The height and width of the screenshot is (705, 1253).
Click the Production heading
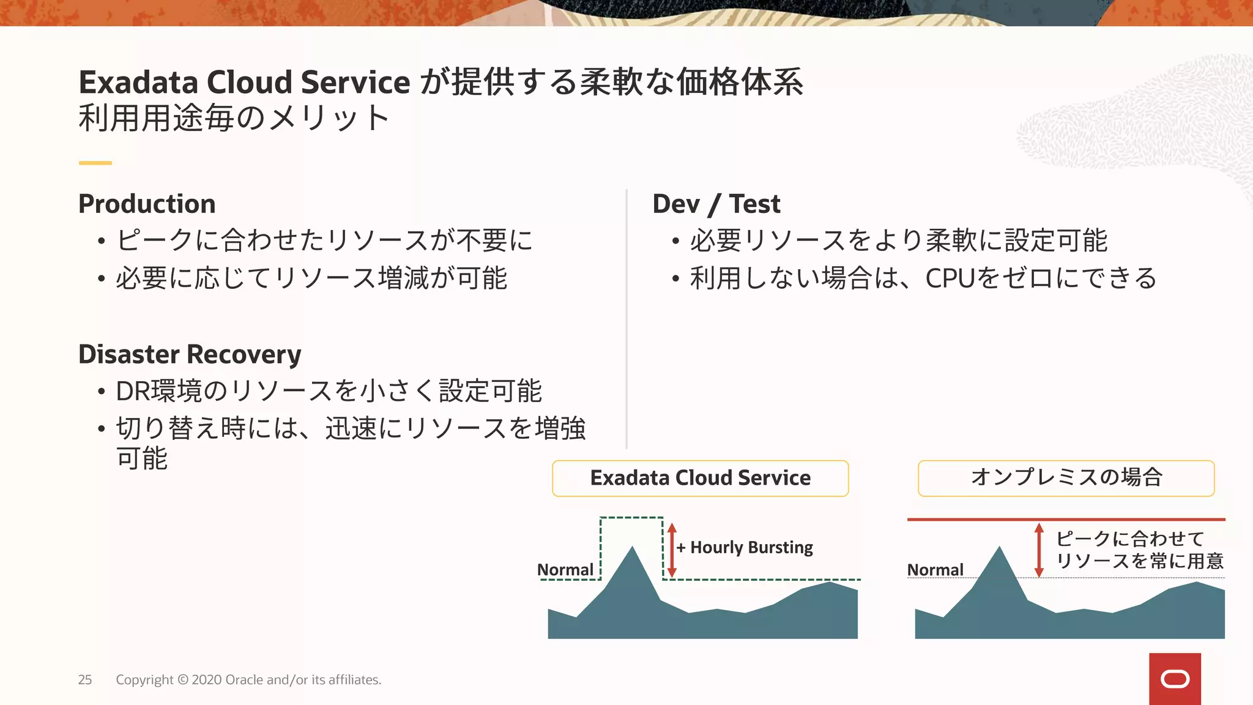click(147, 204)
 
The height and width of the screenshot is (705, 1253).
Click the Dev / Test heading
click(716, 204)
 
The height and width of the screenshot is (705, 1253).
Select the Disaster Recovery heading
click(190, 354)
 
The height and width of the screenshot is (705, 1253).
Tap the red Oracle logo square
click(1175, 679)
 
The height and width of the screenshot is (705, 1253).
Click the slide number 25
click(85, 680)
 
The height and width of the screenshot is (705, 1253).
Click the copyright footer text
click(248, 680)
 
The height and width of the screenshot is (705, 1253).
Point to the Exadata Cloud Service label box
click(700, 478)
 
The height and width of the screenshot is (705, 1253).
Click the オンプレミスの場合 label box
click(1066, 478)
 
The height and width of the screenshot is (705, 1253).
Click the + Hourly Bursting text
click(745, 547)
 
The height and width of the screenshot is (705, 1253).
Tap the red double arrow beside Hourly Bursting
click(672, 550)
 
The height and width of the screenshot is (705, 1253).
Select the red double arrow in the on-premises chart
click(1038, 550)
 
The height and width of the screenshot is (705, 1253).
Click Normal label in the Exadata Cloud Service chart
click(565, 570)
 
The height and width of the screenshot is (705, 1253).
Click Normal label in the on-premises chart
click(935, 570)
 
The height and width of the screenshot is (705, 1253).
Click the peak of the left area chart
click(632, 548)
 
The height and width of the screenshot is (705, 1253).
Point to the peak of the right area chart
click(1000, 548)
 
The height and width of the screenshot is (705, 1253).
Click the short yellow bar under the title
click(95, 163)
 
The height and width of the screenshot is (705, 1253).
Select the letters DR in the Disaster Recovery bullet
click(133, 392)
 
